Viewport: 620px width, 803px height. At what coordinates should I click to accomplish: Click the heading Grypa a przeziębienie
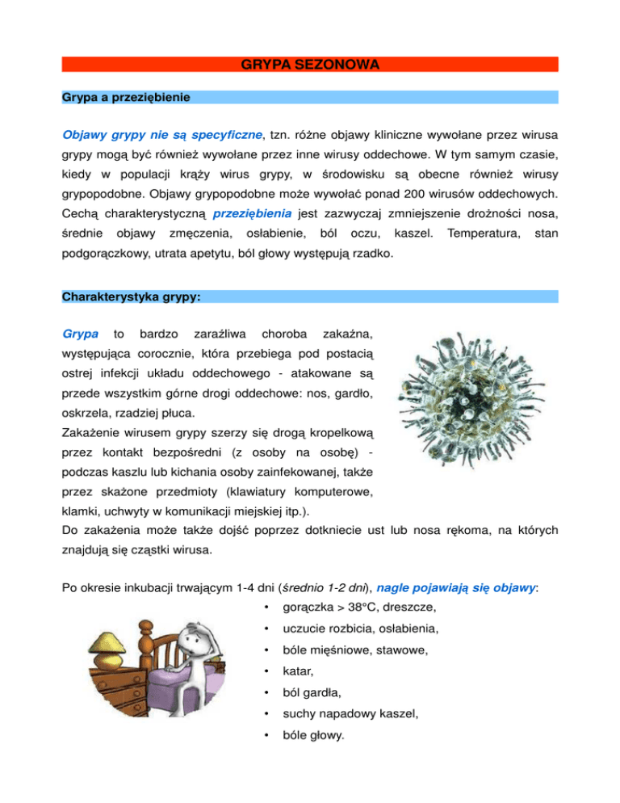coord(126,98)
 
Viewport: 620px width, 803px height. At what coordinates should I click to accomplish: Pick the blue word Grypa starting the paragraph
coord(81,333)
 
